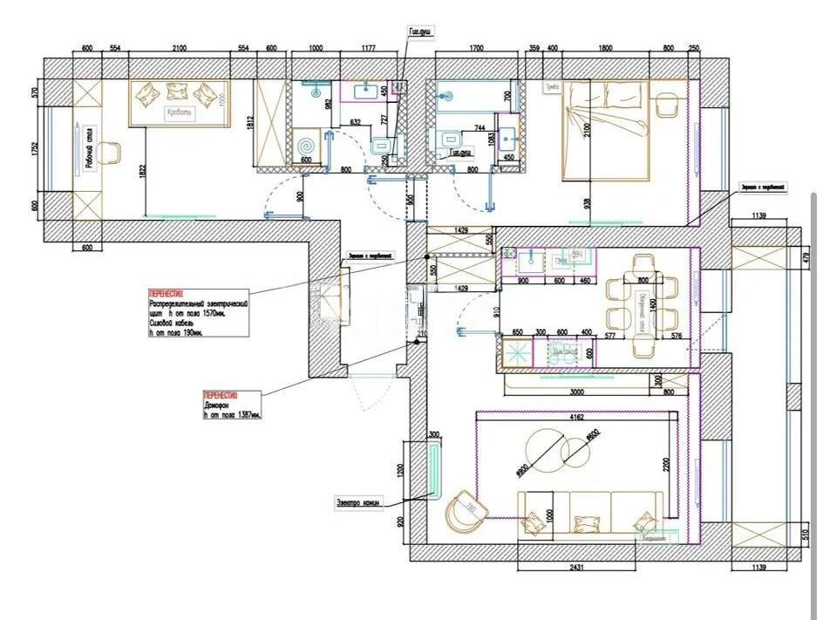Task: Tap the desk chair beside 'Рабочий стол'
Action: (x=110, y=154)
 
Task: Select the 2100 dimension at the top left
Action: (x=179, y=49)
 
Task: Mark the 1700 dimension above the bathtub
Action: (x=475, y=49)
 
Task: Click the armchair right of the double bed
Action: (x=668, y=104)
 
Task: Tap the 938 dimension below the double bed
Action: (x=586, y=203)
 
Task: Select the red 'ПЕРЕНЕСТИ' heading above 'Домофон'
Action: (x=221, y=394)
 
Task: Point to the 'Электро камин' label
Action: (x=358, y=502)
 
